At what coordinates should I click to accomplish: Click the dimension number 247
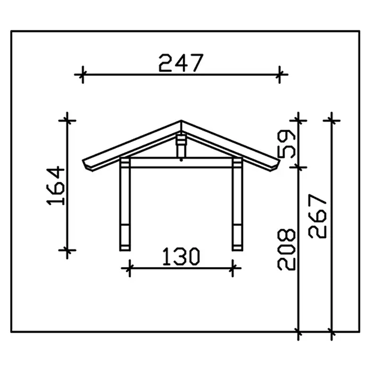[x=181, y=63]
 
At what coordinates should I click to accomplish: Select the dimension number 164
[x=55, y=185]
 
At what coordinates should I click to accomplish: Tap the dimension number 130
[x=181, y=256]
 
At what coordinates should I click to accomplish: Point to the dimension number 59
[x=287, y=144]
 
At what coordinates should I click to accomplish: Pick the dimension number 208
[x=287, y=249]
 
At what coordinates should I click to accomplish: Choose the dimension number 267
[x=318, y=216]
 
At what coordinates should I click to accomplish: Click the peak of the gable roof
[x=181, y=120]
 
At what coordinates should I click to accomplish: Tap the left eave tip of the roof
[x=83, y=161]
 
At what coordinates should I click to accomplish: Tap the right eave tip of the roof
[x=280, y=160]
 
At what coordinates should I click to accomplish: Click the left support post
[x=125, y=204]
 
